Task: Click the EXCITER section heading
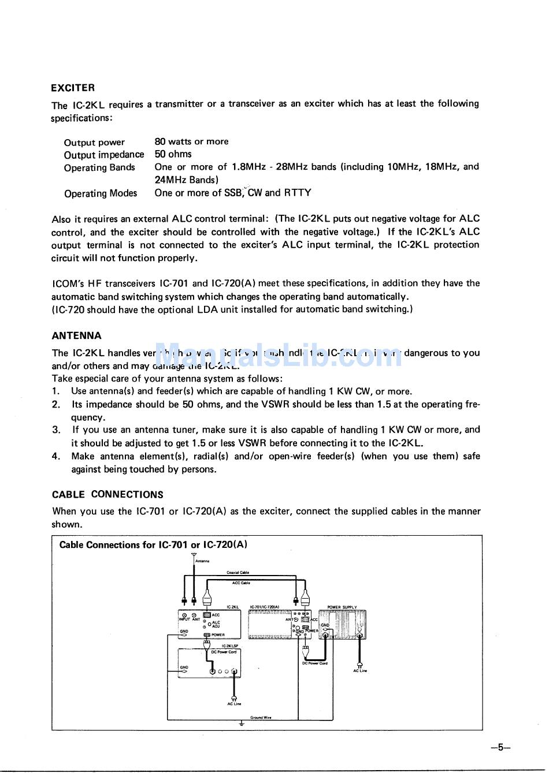pos(73,88)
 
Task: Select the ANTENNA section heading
pos(76,336)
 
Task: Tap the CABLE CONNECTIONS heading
pos(107,495)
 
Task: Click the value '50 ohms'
pos(173,154)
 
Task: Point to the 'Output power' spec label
pos(94,143)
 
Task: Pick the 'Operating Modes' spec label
pos(101,193)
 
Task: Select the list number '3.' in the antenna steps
pos(56,430)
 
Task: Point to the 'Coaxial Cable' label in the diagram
pos(238,573)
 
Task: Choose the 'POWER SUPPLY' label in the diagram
pos(342,607)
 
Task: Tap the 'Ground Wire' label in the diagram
pos(261,718)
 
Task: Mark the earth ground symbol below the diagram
pos(242,723)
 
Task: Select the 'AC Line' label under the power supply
pos(359,671)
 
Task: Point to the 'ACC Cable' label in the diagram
pos(241,583)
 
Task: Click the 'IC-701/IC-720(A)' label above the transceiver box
pos(264,607)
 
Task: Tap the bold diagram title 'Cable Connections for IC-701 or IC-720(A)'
pos(153,545)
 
